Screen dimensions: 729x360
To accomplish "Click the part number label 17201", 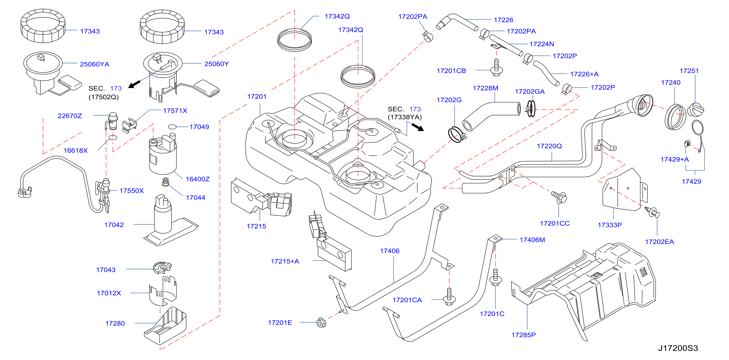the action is point(257,97).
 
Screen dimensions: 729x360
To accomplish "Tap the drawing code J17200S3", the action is point(678,348).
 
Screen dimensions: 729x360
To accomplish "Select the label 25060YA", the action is point(95,64).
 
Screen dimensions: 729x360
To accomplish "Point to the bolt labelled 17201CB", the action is point(496,68).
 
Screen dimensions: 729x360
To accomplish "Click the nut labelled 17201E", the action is point(321,322).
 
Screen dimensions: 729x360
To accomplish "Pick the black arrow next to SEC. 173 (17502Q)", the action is point(134,84).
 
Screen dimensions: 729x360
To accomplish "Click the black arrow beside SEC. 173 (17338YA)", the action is point(418,127).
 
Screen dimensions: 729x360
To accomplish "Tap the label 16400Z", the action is point(197,179).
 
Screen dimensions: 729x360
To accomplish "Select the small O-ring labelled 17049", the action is point(172,127).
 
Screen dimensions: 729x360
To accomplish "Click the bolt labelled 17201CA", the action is point(449,297).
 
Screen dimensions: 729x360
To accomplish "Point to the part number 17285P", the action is point(524,335).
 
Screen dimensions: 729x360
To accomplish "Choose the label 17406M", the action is point(532,240).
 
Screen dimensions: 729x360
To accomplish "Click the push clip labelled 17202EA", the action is point(652,212).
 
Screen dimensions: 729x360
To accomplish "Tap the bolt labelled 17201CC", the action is point(559,197).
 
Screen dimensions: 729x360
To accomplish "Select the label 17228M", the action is point(485,88).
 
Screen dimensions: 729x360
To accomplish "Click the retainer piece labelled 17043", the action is point(162,267).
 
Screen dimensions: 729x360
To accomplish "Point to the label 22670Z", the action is point(70,116).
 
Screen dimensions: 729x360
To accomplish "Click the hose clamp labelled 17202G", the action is point(456,135).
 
